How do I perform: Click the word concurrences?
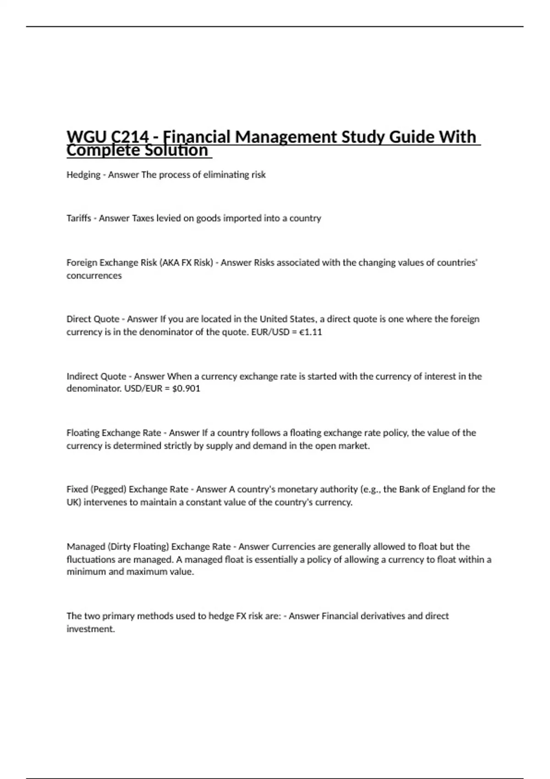click(x=94, y=275)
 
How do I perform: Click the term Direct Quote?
click(x=93, y=319)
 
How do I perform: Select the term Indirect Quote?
click(x=96, y=376)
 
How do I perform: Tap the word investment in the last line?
click(x=90, y=629)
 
